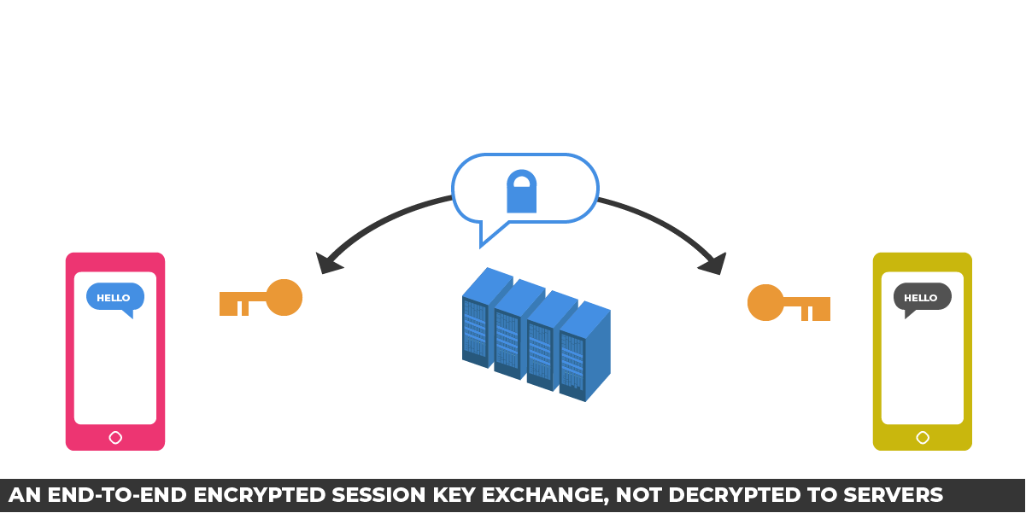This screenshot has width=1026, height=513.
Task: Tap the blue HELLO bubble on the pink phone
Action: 114,298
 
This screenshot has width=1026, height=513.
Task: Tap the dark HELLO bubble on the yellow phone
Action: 922,298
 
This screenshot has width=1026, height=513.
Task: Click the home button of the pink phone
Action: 115,438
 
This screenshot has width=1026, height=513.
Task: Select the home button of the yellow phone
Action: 923,438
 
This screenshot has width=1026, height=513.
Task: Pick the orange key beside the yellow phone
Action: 789,303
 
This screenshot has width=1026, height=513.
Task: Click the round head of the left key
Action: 284,297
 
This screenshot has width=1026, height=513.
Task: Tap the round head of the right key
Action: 765,302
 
